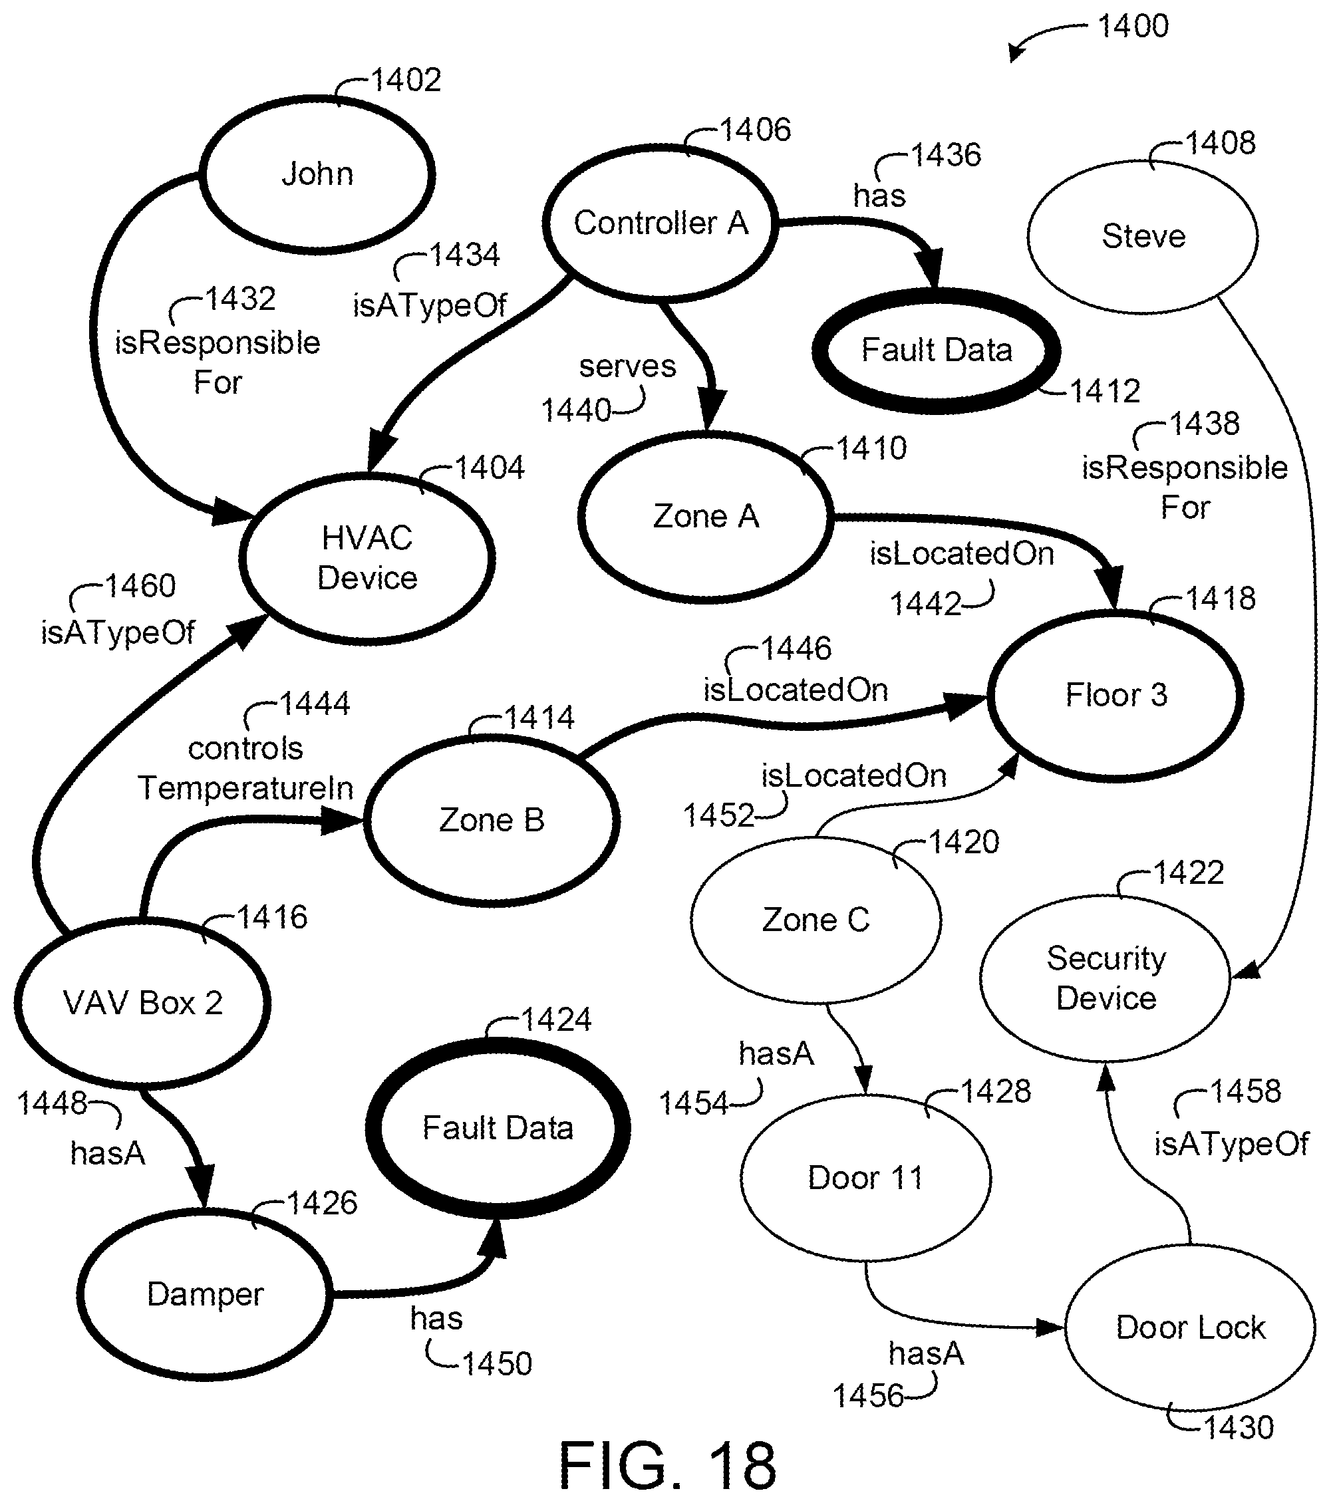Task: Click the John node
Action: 318,175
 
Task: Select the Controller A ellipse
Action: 660,223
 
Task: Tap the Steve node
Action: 1143,236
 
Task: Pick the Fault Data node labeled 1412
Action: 936,350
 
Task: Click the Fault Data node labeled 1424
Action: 498,1127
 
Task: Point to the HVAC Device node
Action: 367,558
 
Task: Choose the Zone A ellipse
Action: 706,516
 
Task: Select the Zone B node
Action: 491,820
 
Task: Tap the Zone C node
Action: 815,920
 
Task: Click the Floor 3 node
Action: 1115,695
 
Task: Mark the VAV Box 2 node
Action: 142,1003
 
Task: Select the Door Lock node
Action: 1190,1327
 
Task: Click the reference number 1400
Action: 1133,26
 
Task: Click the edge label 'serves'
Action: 627,366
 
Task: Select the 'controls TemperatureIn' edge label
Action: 245,768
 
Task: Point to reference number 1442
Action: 926,604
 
